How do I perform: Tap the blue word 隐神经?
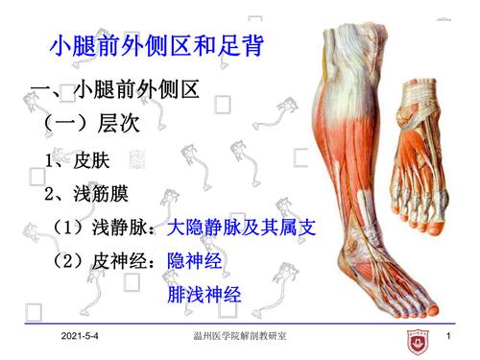(x=196, y=261)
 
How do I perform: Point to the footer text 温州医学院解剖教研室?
(x=239, y=337)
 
